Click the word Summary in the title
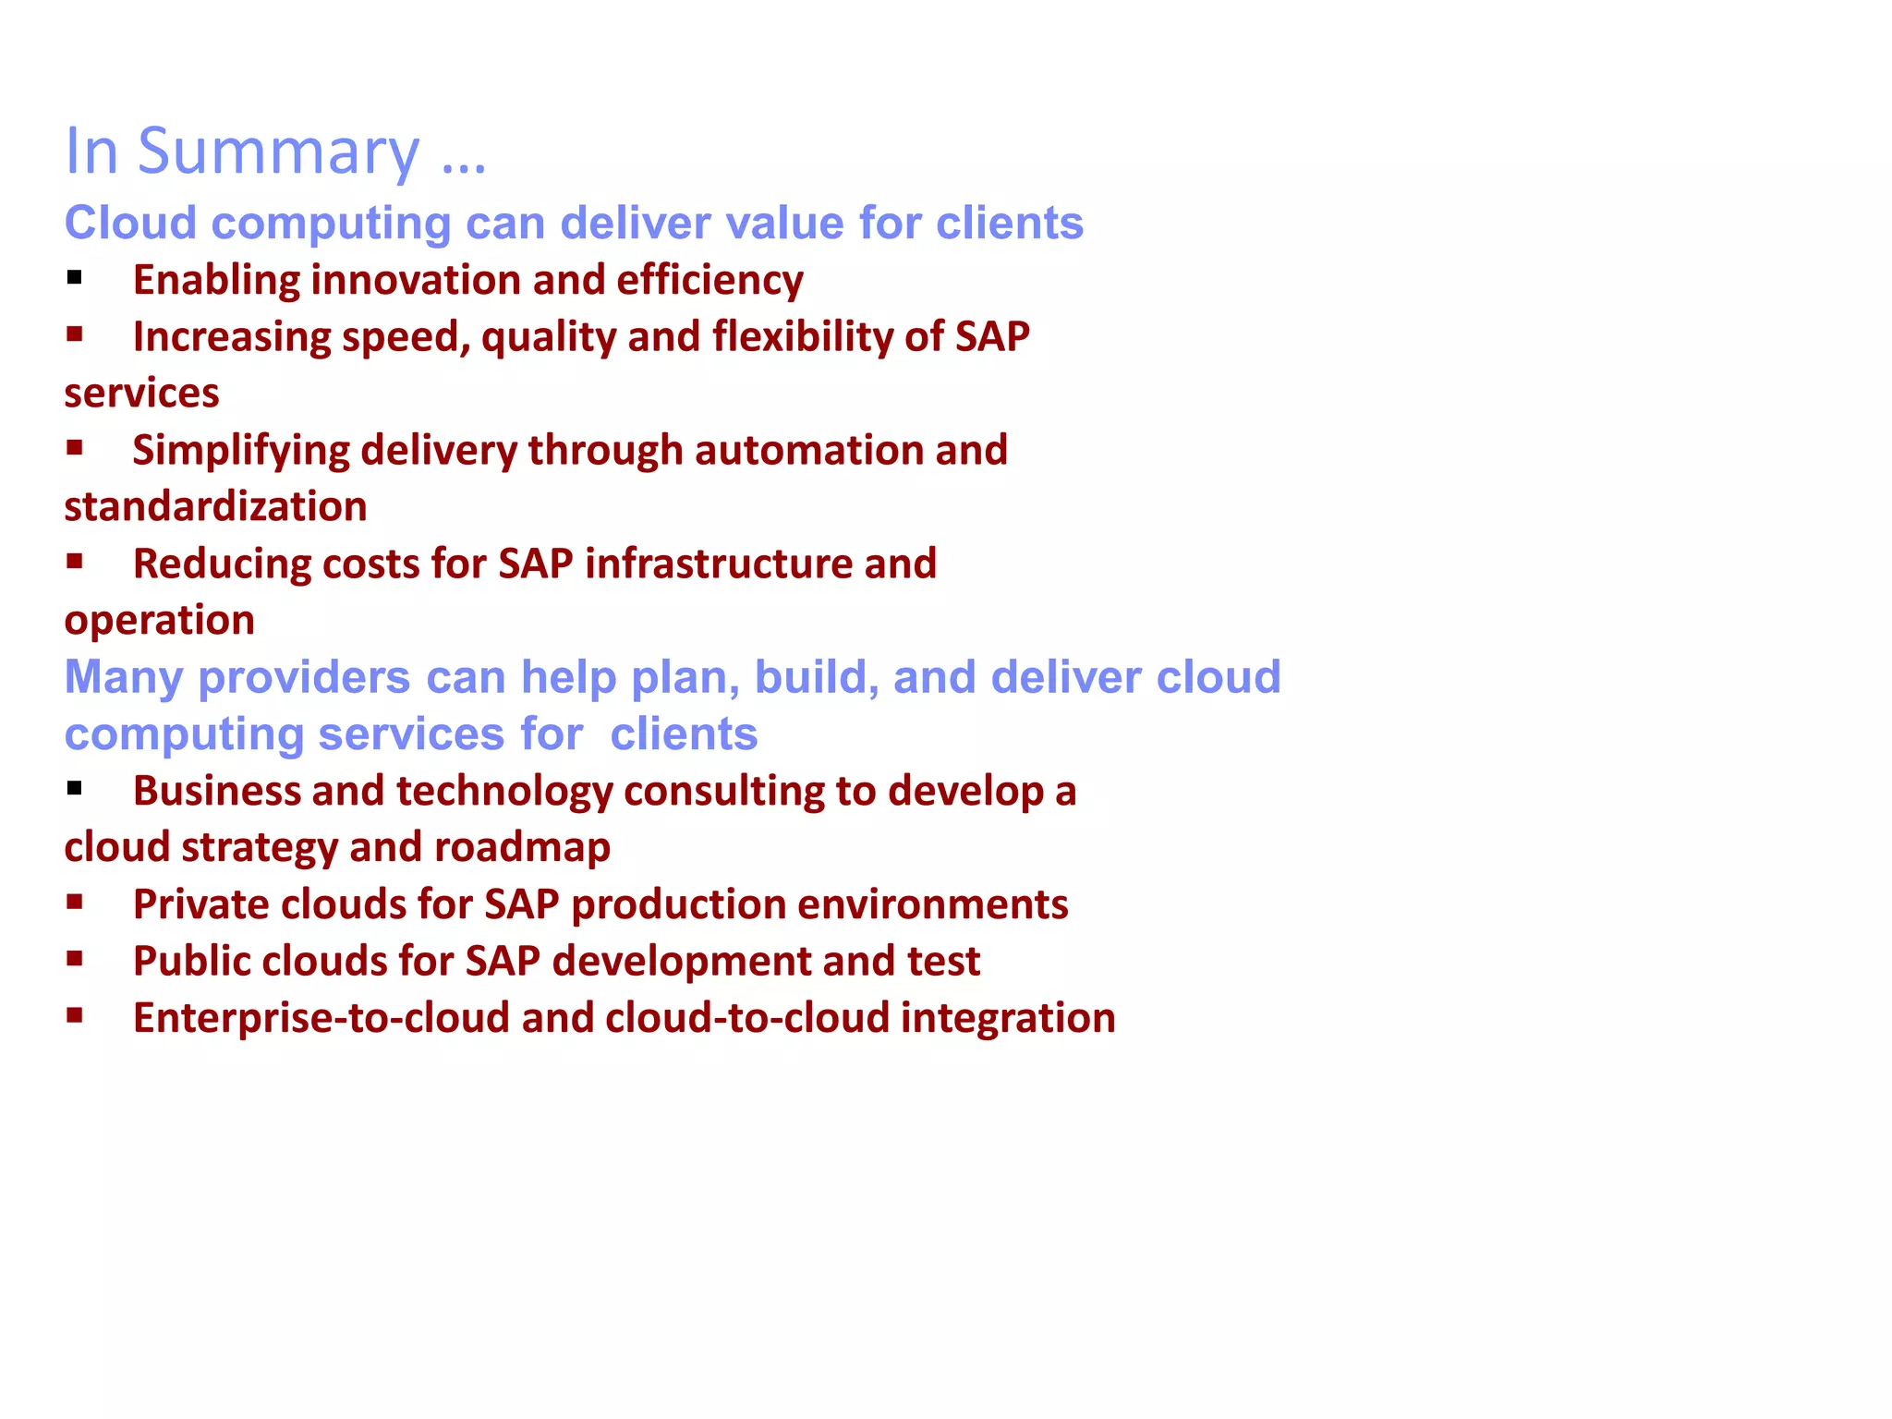[278, 152]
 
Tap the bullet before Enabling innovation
[75, 277]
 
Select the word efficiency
[709, 281]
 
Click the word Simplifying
[240, 452]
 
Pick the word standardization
[215, 507]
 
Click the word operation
[159, 621]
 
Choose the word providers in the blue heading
[304, 678]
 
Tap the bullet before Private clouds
[75, 903]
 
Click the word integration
[1008, 1019]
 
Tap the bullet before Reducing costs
[75, 561]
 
